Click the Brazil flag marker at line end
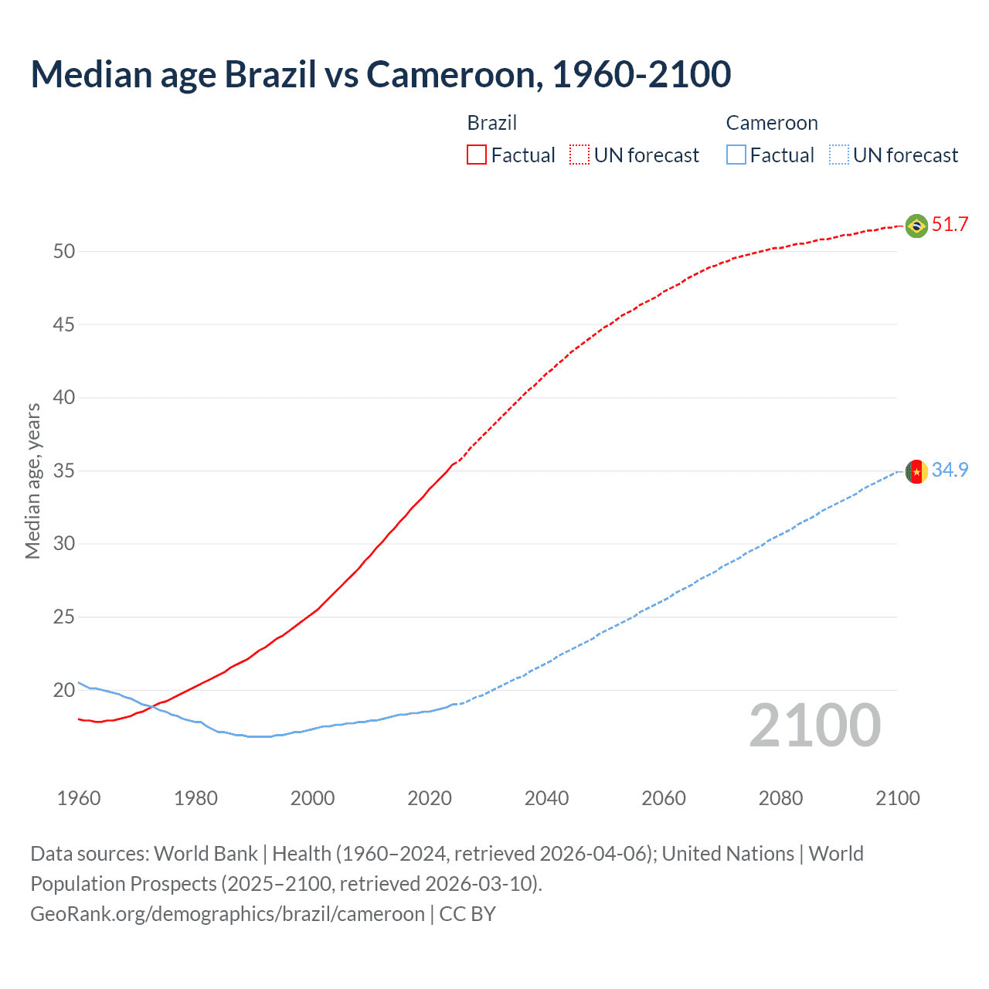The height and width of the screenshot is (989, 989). coord(916,226)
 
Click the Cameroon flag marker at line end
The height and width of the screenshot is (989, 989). coord(916,471)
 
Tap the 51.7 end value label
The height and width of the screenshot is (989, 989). coord(950,225)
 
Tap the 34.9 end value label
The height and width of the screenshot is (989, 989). coord(950,470)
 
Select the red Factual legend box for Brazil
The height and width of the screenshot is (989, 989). coord(477,155)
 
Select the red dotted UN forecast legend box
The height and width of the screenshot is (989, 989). coord(579,155)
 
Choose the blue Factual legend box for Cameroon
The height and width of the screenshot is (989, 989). coord(736,155)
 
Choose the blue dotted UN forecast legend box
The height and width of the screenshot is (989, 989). coord(838,155)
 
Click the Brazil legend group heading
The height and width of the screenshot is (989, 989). coord(491,123)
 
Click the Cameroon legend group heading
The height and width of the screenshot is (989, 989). coord(771,123)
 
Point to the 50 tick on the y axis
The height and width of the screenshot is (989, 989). coord(64,252)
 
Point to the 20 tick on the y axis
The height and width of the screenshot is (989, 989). coord(64,690)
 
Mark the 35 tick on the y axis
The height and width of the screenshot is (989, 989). coord(64,471)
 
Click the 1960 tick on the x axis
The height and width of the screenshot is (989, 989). coord(79,798)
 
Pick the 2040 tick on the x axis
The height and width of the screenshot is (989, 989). coord(546,798)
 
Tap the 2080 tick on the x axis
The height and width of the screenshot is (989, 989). coord(780,798)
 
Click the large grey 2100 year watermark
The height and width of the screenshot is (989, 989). coord(814,726)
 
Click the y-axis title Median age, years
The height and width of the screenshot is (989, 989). coord(32,481)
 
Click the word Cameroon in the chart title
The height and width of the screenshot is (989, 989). coord(450,74)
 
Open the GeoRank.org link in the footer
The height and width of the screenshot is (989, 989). coord(227,914)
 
